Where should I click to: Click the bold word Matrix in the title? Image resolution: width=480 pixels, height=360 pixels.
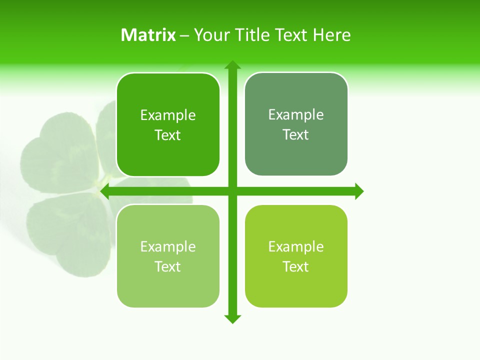point(148,35)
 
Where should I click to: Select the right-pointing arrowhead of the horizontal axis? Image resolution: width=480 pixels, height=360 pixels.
point(358,191)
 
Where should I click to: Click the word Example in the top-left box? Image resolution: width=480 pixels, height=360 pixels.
point(168,115)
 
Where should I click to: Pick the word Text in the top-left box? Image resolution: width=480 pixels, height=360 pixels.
point(168,135)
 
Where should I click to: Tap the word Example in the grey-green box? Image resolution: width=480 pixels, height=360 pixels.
point(296,115)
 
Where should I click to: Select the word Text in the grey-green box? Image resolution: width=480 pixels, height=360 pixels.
point(296,135)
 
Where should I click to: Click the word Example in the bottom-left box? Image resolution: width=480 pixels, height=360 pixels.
point(168,246)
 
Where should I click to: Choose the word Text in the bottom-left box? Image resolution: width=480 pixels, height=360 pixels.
point(168,266)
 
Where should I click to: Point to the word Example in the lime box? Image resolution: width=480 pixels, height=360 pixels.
point(296,246)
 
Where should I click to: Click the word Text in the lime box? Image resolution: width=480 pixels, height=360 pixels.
point(296,266)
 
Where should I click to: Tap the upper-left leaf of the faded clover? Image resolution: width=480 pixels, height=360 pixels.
point(57,155)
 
